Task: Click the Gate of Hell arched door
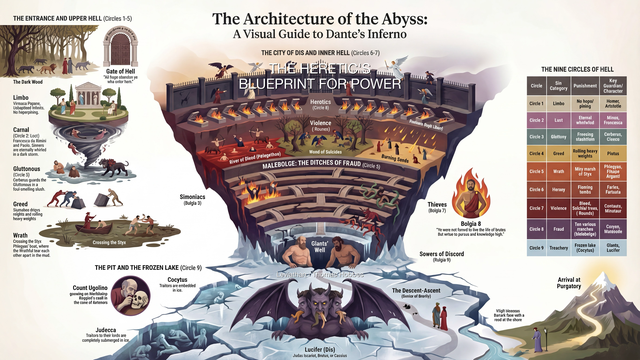120,49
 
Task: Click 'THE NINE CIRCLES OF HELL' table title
579,68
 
